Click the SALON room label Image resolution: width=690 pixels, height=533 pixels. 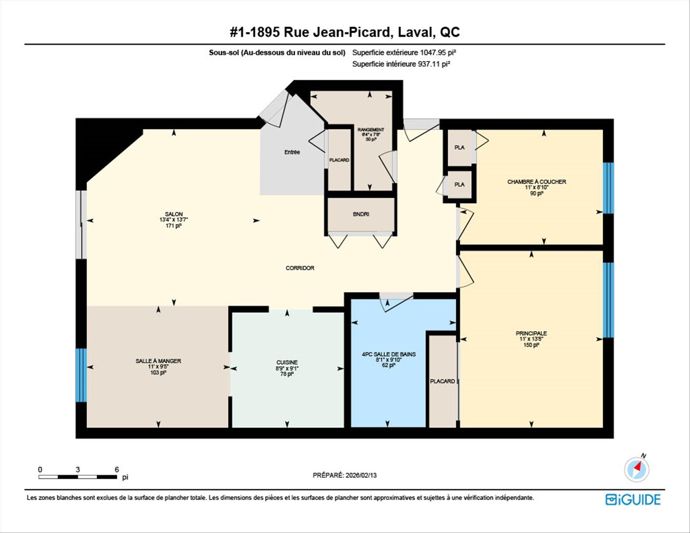(174, 214)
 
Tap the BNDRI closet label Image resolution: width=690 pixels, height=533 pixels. (361, 214)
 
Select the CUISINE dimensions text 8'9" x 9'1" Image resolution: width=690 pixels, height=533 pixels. (287, 368)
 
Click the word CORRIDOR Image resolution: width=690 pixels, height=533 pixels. (300, 268)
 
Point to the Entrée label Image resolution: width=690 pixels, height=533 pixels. (292, 152)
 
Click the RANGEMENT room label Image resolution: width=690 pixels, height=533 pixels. (371, 129)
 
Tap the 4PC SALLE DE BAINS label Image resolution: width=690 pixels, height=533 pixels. (388, 354)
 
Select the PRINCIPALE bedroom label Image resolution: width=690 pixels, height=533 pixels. (531, 333)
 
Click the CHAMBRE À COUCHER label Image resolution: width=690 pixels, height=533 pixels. (536, 182)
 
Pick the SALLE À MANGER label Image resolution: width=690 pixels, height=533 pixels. (158, 360)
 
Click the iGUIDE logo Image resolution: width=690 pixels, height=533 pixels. (633, 500)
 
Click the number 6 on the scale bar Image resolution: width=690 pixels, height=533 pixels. (116, 469)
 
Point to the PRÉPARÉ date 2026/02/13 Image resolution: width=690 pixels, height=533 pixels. (361, 475)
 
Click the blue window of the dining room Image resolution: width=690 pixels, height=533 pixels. (81, 375)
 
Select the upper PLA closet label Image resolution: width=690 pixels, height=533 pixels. (459, 147)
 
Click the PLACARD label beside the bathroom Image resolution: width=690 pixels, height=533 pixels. (442, 381)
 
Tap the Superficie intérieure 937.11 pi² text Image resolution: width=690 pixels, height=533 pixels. (401, 64)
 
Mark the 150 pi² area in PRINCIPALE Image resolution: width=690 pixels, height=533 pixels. (531, 345)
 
